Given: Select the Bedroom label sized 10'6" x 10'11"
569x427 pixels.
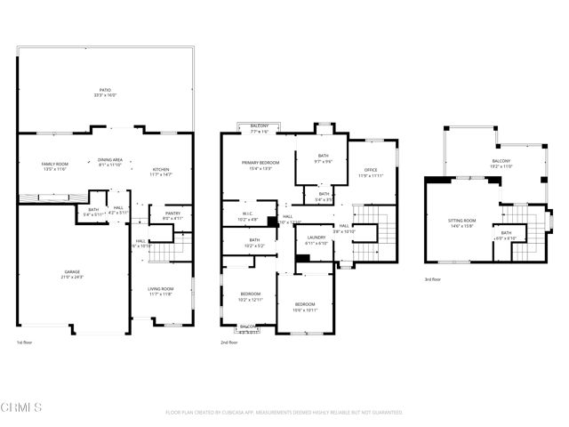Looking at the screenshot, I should pyautogui.click(x=306, y=306).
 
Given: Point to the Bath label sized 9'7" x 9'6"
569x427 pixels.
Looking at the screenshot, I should pyautogui.click(x=323, y=158).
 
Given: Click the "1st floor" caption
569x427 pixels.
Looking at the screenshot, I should pyautogui.click(x=26, y=342).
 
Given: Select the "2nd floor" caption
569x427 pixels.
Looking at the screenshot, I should pyautogui.click(x=229, y=342).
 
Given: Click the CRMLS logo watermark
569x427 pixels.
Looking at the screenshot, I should pyautogui.click(x=22, y=408).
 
